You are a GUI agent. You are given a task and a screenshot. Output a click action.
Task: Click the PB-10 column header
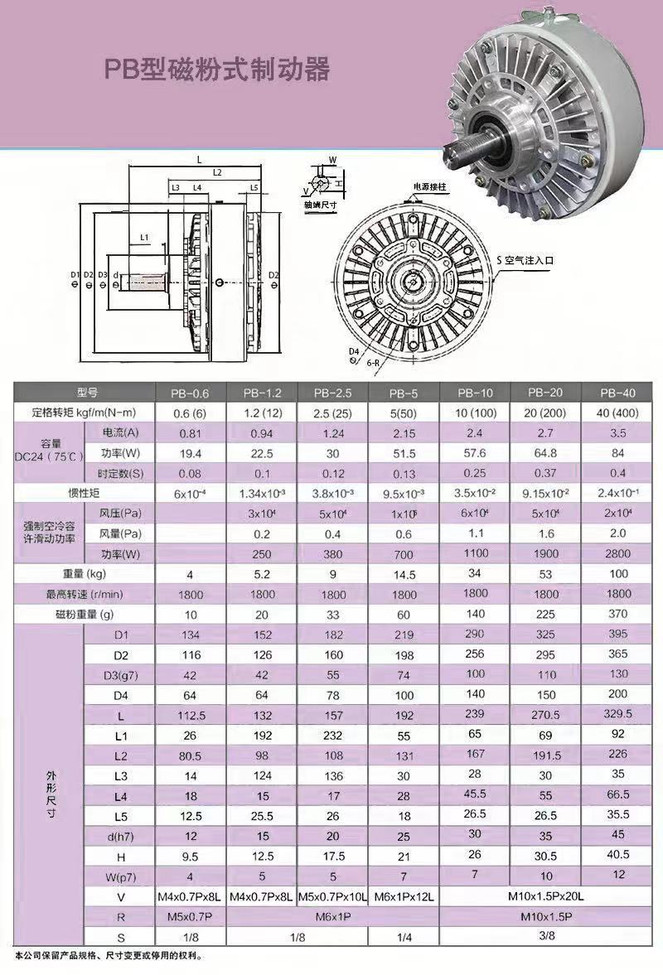point(475,393)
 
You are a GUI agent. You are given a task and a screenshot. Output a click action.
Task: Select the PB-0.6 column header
point(191,393)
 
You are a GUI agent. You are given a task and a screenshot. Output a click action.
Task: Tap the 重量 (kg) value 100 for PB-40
point(617,573)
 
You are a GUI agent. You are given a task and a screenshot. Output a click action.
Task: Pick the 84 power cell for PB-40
point(617,452)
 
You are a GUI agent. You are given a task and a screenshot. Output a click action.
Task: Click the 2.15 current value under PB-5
point(404,433)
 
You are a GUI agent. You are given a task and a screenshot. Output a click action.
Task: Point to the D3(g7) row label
point(121,675)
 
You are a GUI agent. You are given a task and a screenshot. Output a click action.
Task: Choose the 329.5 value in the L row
point(617,713)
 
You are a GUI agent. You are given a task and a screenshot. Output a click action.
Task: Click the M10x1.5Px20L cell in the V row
point(546,896)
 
